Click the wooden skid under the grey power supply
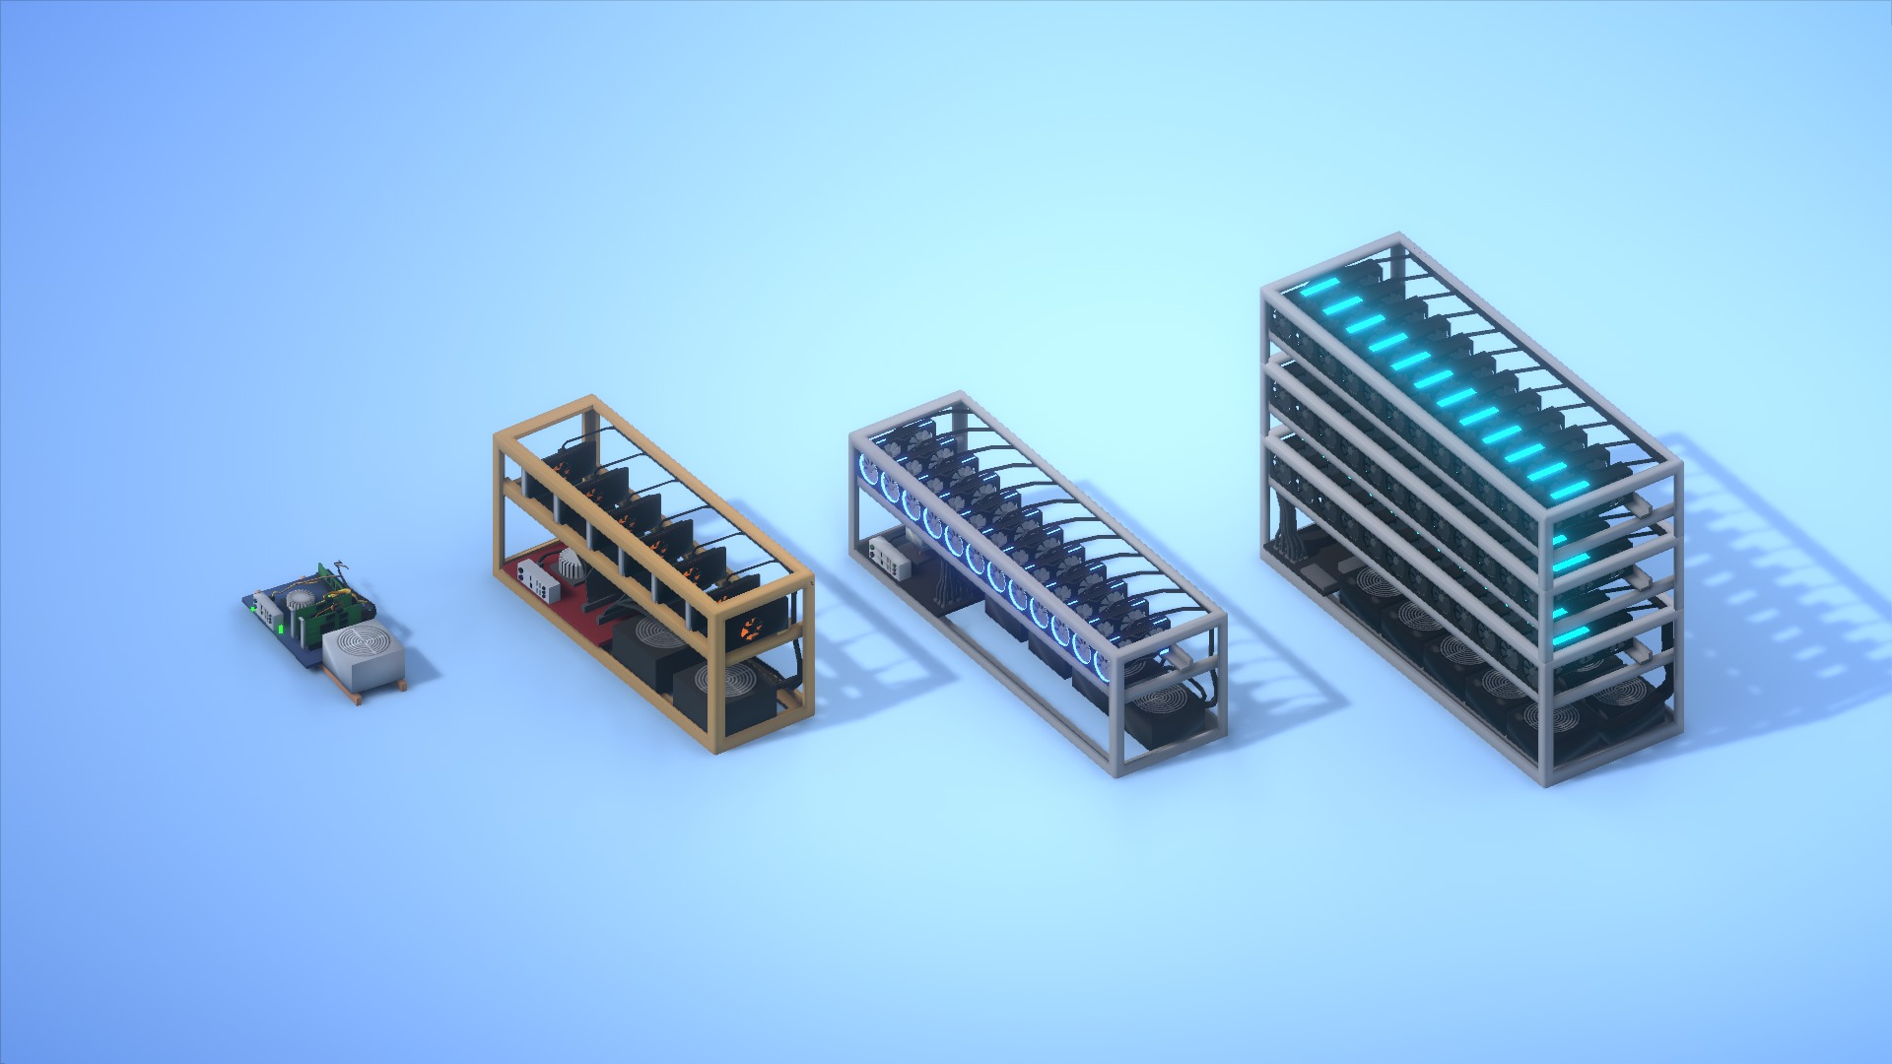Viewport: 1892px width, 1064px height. [379, 693]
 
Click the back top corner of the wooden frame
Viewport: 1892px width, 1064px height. [591, 401]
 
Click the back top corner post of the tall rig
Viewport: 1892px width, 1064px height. [1396, 241]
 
